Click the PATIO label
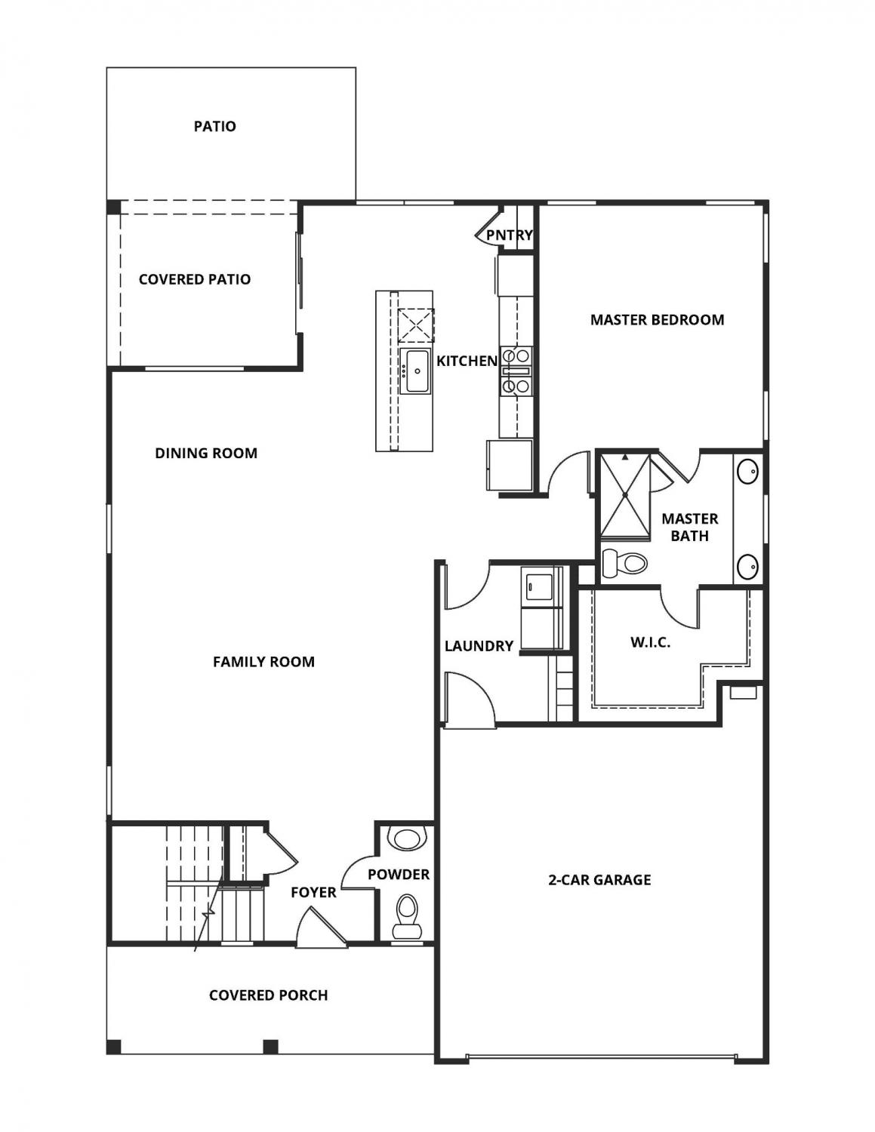point(214,126)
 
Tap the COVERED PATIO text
point(194,279)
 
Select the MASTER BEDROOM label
point(657,320)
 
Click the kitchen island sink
point(415,371)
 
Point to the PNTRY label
point(509,235)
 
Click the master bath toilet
point(625,563)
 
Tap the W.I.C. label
point(650,643)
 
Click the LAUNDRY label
point(479,646)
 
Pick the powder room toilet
point(407,910)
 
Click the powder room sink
point(406,838)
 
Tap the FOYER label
point(313,893)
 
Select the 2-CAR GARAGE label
point(599,880)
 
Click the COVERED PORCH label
point(268,995)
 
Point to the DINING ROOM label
point(206,454)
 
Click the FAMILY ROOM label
point(263,662)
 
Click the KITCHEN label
point(467,361)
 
